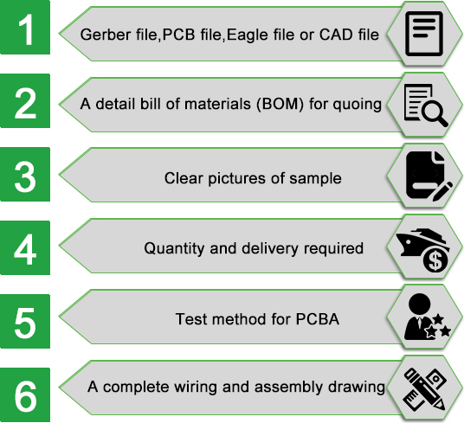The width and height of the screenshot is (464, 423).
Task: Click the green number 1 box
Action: pyautogui.click(x=25, y=27)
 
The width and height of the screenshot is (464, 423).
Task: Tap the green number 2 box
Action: pyautogui.click(x=25, y=101)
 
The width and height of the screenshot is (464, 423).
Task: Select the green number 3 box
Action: pyautogui.click(x=25, y=175)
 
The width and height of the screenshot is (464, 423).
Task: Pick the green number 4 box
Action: pyautogui.click(x=25, y=247)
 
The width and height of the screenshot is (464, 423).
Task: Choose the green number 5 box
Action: pyautogui.click(x=25, y=321)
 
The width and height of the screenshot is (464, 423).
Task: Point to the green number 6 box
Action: pyautogui.click(x=25, y=395)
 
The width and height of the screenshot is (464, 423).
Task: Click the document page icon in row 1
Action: pyautogui.click(x=424, y=34)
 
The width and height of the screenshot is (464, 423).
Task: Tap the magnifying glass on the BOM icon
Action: pyautogui.click(x=435, y=113)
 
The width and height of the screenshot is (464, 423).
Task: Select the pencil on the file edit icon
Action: pyautogui.click(x=442, y=192)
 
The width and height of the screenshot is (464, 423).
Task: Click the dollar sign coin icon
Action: pyautogui.click(x=435, y=260)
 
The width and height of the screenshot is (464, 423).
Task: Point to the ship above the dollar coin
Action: pyautogui.click(x=422, y=241)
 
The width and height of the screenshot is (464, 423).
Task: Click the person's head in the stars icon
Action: pyautogui.click(x=419, y=304)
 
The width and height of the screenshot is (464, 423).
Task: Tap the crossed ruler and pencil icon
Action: pyautogui.click(x=425, y=389)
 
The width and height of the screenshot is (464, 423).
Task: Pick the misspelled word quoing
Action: pyautogui.click(x=357, y=105)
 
